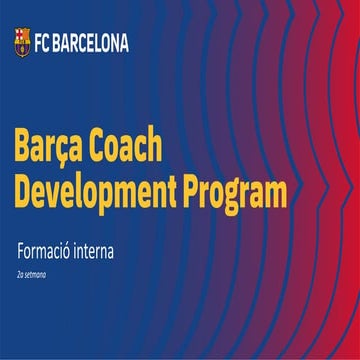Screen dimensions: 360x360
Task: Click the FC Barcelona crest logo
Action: click(x=20, y=41)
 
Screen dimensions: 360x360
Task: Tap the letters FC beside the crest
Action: click(x=42, y=42)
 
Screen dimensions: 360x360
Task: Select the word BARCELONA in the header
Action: click(x=92, y=42)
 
